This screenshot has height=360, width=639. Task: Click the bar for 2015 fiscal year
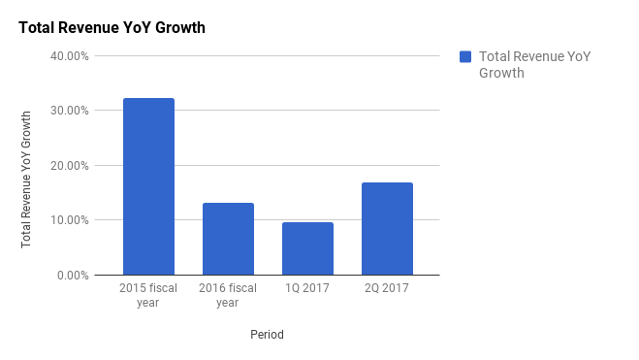tap(148, 186)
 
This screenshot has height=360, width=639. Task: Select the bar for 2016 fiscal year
tap(228, 239)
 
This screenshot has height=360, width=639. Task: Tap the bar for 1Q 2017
tap(307, 248)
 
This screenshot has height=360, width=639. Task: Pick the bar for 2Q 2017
tap(387, 228)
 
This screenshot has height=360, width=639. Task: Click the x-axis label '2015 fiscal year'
tap(147, 295)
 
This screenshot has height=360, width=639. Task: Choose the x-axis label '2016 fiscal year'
tap(228, 295)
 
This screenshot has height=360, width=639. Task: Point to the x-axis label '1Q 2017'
tap(307, 288)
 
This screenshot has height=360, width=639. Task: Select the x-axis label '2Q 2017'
tap(387, 288)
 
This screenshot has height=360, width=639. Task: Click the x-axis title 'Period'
tap(267, 335)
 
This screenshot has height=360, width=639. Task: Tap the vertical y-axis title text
tap(26, 179)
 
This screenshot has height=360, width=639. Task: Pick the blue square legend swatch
tap(465, 57)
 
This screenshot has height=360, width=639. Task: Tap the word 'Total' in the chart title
tap(37, 27)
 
